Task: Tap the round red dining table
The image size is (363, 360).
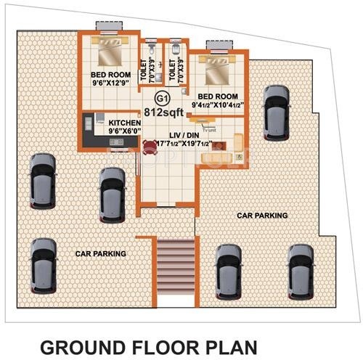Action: [x=151, y=147]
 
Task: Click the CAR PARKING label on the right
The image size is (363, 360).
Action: [x=262, y=216]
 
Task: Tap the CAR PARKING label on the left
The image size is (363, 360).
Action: [x=101, y=253]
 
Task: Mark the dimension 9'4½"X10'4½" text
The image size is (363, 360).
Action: [x=217, y=106]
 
